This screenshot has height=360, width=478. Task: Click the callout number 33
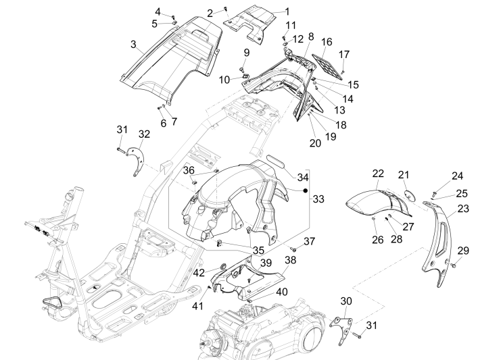318,199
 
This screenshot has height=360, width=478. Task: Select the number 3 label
134,45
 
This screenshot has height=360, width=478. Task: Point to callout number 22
377,174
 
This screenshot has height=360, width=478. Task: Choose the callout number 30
345,301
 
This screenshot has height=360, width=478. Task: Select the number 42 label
199,272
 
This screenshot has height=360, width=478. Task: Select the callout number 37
309,241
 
